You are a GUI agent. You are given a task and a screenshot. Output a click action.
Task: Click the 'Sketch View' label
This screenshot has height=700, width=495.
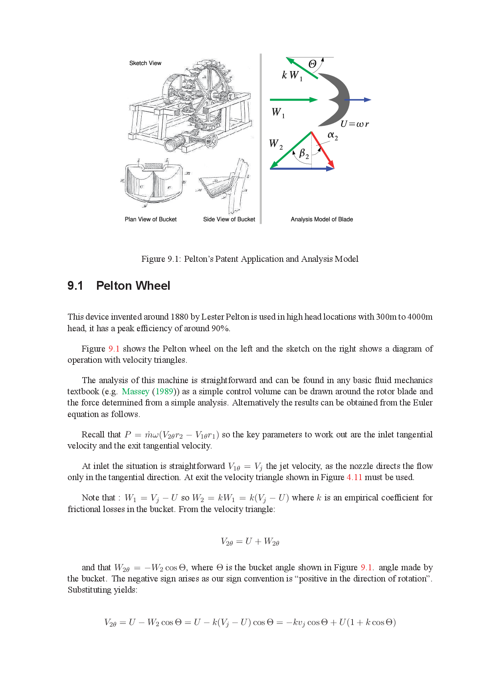pos(145,63)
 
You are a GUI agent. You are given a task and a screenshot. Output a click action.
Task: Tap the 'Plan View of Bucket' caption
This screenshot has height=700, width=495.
pos(150,219)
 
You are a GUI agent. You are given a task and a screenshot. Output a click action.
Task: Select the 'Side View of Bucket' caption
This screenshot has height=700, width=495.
pos(229,219)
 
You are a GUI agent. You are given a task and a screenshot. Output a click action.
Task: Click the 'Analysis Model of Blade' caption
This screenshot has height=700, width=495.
pos(321,219)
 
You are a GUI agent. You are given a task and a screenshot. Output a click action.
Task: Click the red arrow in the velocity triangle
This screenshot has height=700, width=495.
pos(323,150)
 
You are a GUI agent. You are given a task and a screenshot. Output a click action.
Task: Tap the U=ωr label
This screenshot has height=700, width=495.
pos(354,124)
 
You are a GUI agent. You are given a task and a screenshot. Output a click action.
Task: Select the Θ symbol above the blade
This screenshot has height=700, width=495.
pos(313,64)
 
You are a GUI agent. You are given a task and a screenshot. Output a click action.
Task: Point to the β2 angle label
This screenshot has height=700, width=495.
pos(304,153)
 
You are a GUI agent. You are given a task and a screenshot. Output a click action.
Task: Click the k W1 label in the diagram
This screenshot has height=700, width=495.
pos(292,75)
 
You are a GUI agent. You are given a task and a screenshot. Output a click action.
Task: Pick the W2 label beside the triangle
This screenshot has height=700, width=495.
pos(275,144)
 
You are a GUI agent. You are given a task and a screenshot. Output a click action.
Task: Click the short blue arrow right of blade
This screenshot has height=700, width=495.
pos(358,100)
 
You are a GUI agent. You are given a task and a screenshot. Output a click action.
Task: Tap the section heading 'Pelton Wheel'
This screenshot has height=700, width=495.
pos(133,286)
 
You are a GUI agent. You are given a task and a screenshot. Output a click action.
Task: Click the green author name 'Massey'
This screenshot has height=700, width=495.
pos(135,392)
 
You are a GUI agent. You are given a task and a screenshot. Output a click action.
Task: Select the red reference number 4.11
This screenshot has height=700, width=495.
pos(354,477)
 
